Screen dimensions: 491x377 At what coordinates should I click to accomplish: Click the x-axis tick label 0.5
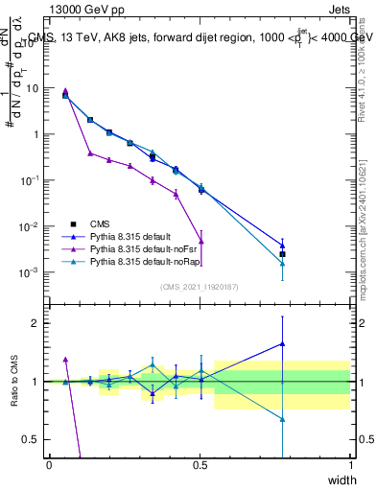[200, 465]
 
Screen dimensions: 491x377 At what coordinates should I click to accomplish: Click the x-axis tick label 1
[351, 465]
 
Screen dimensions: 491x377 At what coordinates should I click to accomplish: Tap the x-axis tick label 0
[49, 465]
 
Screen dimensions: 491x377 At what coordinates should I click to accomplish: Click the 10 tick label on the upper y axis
[33, 88]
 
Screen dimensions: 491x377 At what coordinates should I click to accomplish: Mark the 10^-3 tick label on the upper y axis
[31, 273]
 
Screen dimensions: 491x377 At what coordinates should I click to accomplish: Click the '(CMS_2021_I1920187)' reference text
[200, 287]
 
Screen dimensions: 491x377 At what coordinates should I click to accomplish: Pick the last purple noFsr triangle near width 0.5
[200, 241]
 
